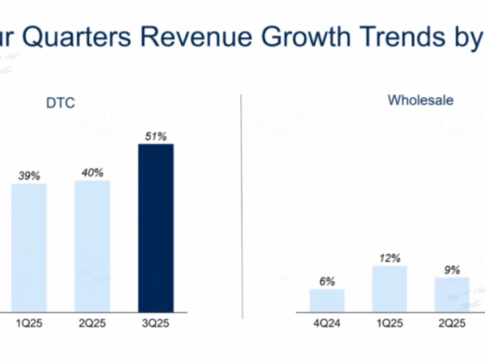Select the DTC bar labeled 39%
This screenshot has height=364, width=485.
point(29,247)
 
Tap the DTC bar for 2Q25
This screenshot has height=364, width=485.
point(92,245)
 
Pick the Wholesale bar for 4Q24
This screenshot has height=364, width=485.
point(327,300)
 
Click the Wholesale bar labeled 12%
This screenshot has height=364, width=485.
point(390,289)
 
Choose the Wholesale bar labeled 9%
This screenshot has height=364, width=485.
point(452,294)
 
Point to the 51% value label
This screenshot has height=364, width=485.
point(155,137)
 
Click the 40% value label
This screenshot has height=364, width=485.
point(92,172)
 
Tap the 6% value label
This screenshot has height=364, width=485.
point(327,280)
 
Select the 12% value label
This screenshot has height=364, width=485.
point(390,257)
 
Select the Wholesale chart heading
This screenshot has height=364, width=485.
point(420,101)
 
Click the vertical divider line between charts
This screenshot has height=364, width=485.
point(241,210)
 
